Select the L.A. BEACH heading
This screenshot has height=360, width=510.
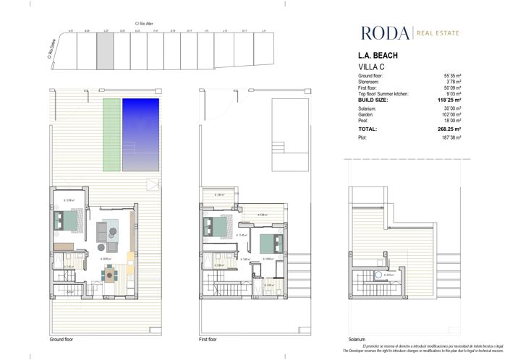click(378, 56)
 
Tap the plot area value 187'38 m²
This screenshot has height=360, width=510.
click(453, 137)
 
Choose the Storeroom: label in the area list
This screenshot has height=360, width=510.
click(371, 81)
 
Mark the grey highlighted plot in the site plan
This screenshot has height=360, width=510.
click(105, 50)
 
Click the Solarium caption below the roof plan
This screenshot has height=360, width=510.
click(357, 340)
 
